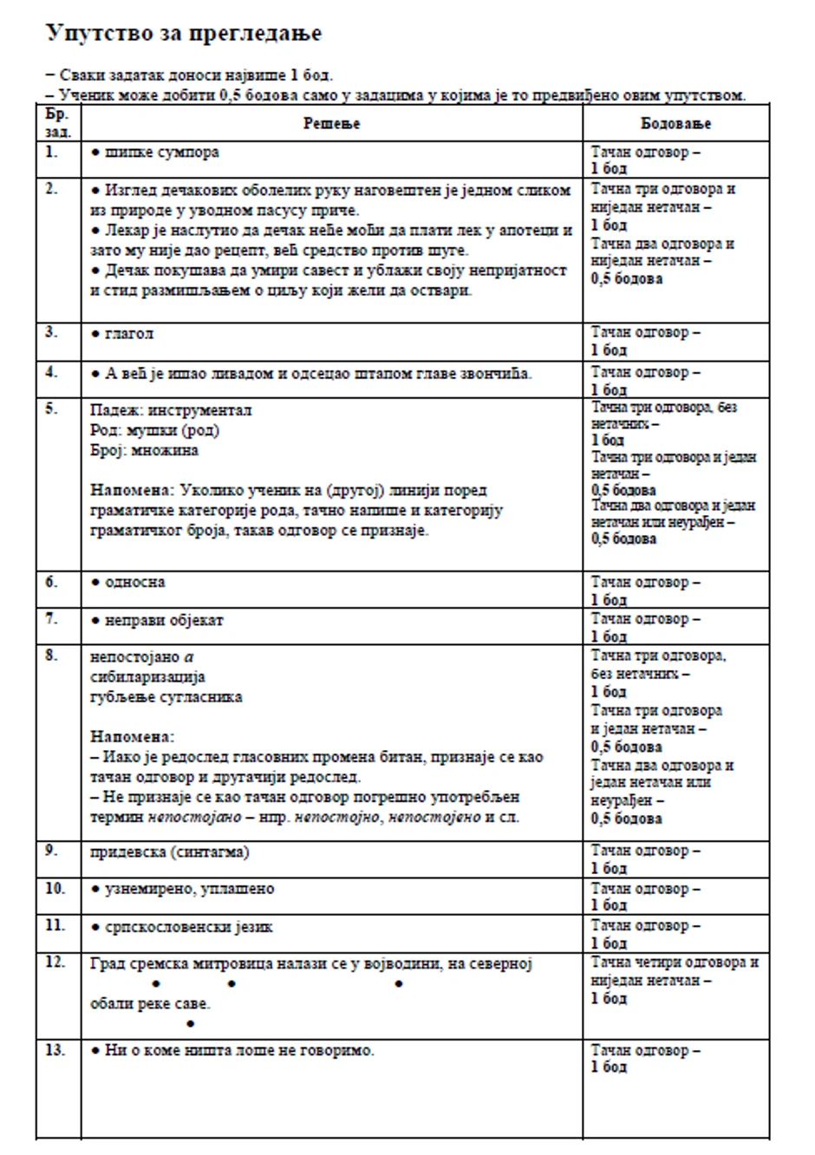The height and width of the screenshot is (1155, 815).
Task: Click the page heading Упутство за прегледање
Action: [183, 34]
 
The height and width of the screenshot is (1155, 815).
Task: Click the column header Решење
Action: [331, 124]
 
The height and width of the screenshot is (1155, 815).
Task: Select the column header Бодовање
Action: [675, 124]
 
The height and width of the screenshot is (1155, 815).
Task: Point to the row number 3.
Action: [52, 332]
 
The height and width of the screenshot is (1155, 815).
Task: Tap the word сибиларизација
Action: [147, 676]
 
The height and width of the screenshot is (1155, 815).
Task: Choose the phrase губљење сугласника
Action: [166, 696]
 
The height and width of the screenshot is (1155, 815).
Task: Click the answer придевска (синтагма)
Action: [170, 852]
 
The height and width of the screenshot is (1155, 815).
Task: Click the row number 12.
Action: [55, 962]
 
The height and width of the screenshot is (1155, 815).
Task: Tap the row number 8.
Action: [52, 656]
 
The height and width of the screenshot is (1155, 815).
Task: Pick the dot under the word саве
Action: [190, 1023]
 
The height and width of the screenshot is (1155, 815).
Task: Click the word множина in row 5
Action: [167, 450]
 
